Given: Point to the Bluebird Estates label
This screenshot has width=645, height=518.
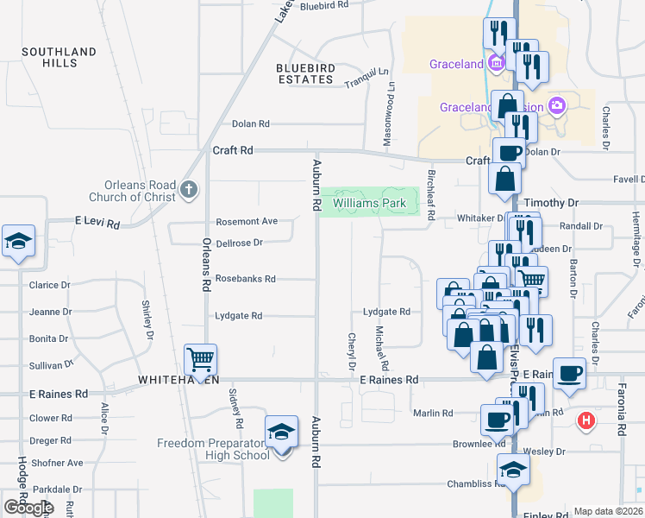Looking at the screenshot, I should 304,73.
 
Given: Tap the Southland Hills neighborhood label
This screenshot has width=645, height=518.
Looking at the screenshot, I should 59,57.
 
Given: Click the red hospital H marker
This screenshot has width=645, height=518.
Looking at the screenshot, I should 586,421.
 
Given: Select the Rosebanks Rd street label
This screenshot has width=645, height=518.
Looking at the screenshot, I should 246,279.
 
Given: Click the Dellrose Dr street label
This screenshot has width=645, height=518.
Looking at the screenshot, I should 239,243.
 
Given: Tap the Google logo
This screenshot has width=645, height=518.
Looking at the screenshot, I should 29,508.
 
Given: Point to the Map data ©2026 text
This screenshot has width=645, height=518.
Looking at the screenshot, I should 609,511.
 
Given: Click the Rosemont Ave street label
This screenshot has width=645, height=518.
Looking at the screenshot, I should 247,222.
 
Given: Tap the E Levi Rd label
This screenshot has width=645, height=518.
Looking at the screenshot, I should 97,222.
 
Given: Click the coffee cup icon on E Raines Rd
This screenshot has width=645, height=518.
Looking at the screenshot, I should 569,373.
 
